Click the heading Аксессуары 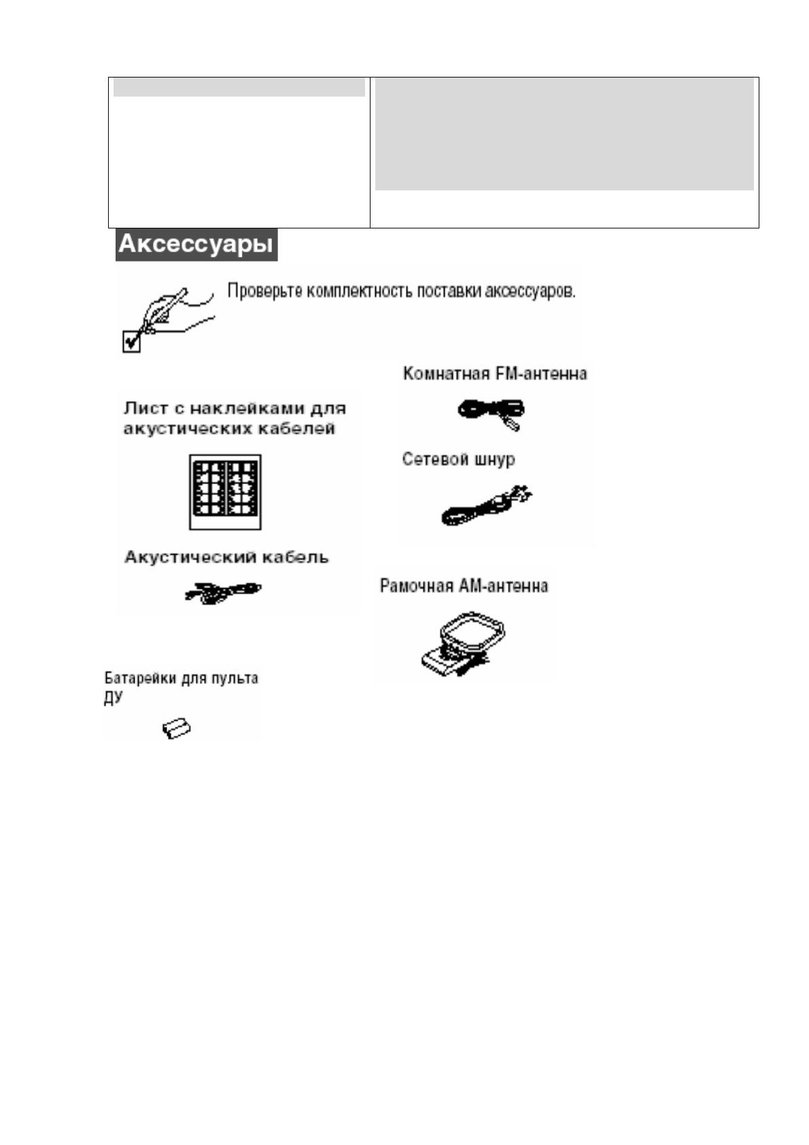click(x=196, y=244)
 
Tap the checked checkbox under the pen click(x=131, y=341)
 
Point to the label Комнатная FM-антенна click(x=494, y=374)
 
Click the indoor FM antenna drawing click(x=491, y=412)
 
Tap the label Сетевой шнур click(x=458, y=460)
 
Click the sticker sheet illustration click(x=225, y=492)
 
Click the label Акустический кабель click(x=226, y=558)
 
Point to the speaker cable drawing click(x=222, y=592)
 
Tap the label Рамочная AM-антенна click(x=464, y=586)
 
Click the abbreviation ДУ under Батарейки click(x=113, y=698)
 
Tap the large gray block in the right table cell click(x=564, y=134)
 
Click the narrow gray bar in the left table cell click(x=239, y=88)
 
